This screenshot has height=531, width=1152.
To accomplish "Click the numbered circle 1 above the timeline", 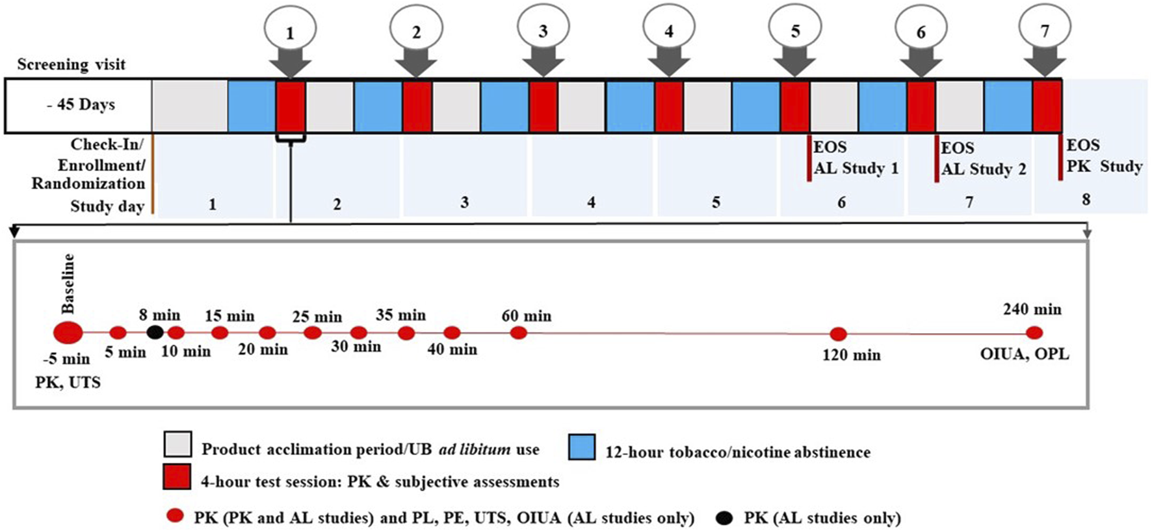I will [290, 30].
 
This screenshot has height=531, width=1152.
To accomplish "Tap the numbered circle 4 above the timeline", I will [669, 30].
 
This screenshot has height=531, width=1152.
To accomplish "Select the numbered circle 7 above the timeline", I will [1045, 30].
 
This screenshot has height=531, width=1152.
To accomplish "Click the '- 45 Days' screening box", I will [79, 105].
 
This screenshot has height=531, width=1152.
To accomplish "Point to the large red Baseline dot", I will [68, 333].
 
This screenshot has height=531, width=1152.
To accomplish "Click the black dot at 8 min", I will [155, 333].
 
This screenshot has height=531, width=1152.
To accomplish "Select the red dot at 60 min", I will [518, 333].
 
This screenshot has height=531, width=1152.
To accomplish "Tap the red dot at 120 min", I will [839, 334].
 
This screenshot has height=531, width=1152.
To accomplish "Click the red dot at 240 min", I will [1034, 333].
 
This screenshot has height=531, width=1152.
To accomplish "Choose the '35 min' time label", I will [400, 315].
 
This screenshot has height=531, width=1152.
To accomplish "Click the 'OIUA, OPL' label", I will [1024, 354].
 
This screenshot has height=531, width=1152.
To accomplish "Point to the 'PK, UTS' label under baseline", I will [68, 381].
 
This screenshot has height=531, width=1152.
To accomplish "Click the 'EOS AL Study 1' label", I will [855, 158].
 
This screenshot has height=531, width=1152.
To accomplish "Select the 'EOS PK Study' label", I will [1103, 156].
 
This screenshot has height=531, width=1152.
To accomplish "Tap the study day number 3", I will [464, 202].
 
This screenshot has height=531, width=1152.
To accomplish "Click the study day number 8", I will [1086, 199].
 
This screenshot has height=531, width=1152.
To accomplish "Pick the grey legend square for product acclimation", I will [177, 444].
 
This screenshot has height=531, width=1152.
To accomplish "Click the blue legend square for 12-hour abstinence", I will [582, 447].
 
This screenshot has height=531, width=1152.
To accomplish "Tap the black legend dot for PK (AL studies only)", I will [724, 518].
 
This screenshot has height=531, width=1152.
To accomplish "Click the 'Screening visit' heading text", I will [72, 64].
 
